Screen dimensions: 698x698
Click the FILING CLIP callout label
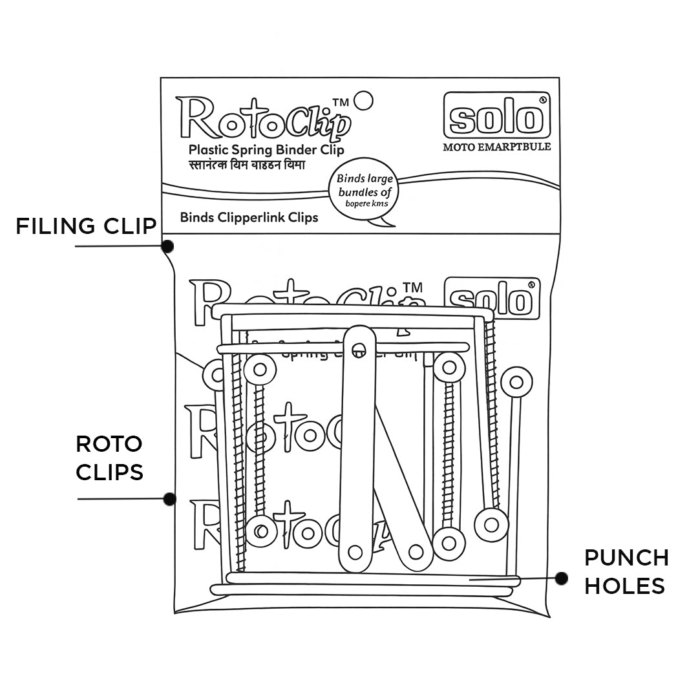(86, 226)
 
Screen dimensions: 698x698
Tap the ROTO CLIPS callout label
(109, 458)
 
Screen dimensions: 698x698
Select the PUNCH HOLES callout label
(626, 571)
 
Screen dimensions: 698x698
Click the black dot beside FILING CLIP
(167, 246)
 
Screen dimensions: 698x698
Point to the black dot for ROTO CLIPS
(169, 499)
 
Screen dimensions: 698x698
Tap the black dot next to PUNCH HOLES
(561, 578)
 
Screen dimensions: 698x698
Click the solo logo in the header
(496, 116)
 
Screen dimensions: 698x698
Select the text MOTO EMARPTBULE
(496, 147)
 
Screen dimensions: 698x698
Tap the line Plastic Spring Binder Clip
(266, 150)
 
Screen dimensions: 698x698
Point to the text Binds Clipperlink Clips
(249, 217)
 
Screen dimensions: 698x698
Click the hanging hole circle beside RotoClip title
(365, 100)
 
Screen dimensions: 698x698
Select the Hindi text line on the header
(246, 165)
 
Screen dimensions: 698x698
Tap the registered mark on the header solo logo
(543, 100)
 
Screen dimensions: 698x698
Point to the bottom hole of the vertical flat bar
(355, 552)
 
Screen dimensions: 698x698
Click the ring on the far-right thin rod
(516, 382)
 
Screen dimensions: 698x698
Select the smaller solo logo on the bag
(492, 299)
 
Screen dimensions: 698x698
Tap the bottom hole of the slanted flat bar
(416, 552)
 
